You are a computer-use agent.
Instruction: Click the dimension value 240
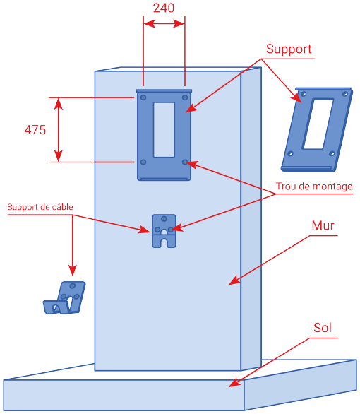[164, 8]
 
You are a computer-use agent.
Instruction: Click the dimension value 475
[35, 130]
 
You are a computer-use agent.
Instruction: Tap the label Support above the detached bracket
[289, 49]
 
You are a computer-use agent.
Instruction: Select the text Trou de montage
[314, 187]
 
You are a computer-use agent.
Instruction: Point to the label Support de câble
[40, 207]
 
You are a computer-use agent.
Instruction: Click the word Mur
[323, 225]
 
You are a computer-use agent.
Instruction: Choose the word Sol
[323, 328]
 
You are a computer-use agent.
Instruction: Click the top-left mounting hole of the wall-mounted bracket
[143, 97]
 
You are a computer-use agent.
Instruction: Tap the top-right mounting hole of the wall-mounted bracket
[185, 97]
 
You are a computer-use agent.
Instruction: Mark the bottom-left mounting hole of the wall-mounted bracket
[143, 162]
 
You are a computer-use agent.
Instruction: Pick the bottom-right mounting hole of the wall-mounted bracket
[185, 162]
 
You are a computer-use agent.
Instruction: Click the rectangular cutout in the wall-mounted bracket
[164, 130]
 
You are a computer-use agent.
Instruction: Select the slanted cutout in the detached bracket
[318, 124]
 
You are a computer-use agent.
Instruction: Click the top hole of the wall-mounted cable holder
[164, 219]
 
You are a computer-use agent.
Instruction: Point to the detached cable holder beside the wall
[64, 297]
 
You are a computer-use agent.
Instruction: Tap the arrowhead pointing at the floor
[234, 383]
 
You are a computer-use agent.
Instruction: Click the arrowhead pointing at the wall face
[234, 280]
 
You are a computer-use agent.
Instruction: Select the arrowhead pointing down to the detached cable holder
[73, 271]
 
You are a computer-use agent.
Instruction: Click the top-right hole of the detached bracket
[345, 94]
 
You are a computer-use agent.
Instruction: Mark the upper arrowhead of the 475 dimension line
[59, 103]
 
